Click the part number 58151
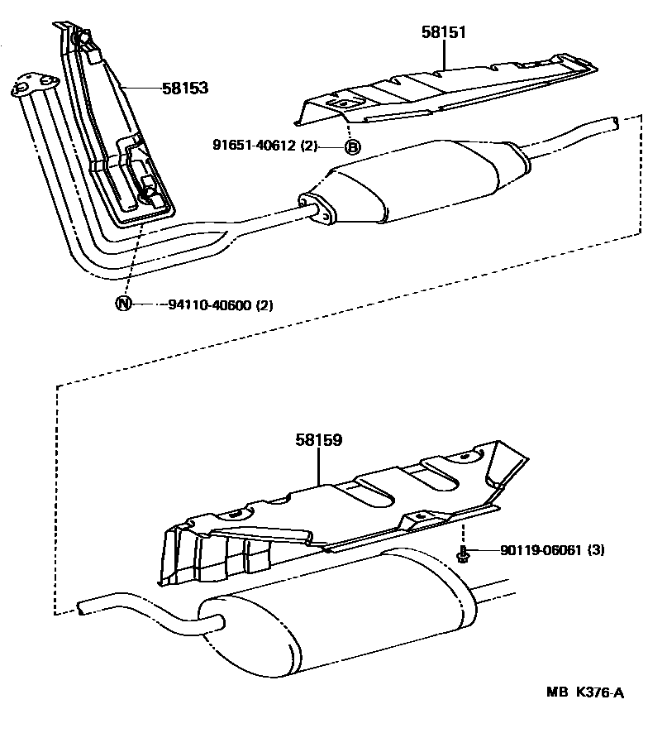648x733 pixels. coord(443,32)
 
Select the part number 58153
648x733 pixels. coord(184,87)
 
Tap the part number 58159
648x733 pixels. coord(318,440)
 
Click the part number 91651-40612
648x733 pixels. coord(253,147)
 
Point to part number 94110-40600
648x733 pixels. coord(210,304)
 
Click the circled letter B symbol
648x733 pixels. coord(351,147)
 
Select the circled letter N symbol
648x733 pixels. coord(122,304)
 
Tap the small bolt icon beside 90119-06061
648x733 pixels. coord(463,553)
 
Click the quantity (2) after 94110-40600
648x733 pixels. coord(264,304)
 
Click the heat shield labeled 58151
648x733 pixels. coord(446,87)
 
